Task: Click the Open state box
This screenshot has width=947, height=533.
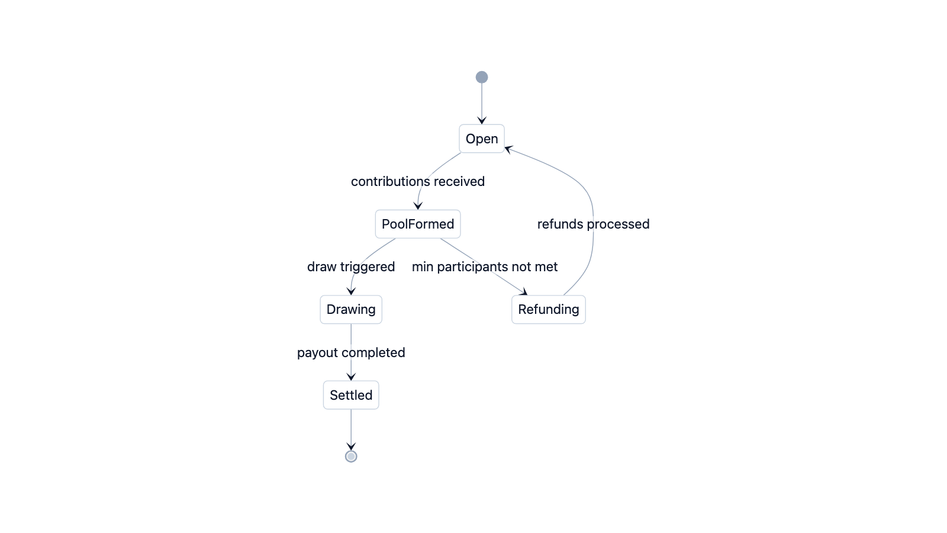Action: [x=481, y=139]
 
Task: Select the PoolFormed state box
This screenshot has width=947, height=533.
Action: [x=417, y=224]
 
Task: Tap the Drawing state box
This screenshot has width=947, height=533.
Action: [x=351, y=309]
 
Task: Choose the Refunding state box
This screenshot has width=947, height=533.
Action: [x=548, y=309]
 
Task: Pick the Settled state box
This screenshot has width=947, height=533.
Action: [x=351, y=395]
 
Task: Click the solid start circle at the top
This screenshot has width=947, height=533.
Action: [x=482, y=77]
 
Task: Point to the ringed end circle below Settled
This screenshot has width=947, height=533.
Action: [x=351, y=456]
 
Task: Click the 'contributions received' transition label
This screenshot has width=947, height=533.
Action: [x=417, y=181]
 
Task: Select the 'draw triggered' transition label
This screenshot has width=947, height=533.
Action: [x=350, y=266]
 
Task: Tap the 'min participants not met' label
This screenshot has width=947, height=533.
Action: [x=484, y=266]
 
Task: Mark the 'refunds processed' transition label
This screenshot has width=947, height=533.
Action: [x=593, y=224]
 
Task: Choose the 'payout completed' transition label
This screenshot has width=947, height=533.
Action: [x=351, y=352]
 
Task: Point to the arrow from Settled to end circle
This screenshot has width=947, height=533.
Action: [x=351, y=429]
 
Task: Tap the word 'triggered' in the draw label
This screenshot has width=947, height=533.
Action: [x=367, y=266]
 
